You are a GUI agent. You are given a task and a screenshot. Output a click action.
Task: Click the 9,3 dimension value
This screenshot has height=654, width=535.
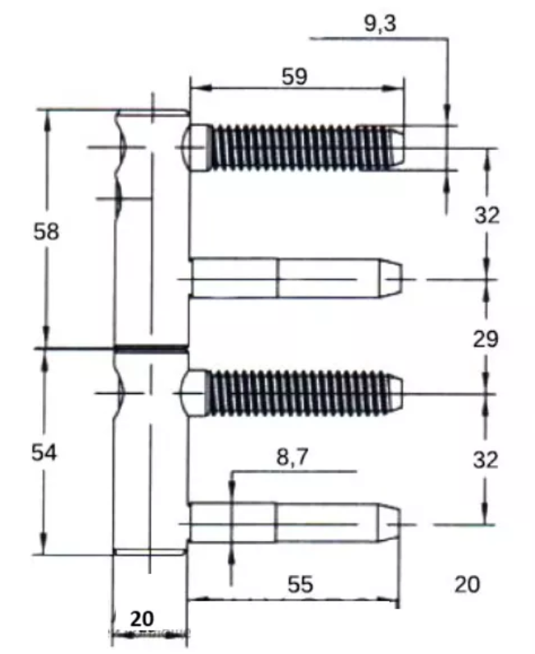click(380, 23)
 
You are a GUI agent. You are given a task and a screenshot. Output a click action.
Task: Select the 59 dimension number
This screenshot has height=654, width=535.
click(295, 77)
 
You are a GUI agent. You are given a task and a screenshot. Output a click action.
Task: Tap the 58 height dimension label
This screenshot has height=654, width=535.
click(46, 231)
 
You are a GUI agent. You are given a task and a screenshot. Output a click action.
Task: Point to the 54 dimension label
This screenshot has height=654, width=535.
click(44, 452)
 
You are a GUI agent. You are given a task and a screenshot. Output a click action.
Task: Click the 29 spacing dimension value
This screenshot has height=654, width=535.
click(486, 338)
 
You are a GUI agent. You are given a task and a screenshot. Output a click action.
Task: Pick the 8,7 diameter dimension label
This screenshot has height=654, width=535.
click(293, 457)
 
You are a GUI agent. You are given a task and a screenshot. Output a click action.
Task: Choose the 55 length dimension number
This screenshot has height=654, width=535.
click(300, 584)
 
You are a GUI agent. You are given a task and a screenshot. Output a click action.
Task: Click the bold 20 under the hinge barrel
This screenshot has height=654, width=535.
click(142, 618)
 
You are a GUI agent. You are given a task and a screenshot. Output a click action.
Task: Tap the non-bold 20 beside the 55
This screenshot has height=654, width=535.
click(467, 584)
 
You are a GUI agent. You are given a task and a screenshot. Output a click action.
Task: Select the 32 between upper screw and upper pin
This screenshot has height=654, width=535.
click(487, 216)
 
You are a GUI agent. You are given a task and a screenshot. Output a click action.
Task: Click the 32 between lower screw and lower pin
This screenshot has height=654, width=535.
click(486, 459)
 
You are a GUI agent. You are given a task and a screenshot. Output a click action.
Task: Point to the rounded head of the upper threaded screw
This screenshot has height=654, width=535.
click(197, 147)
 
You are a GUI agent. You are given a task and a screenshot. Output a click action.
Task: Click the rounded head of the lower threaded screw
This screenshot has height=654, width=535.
click(194, 393)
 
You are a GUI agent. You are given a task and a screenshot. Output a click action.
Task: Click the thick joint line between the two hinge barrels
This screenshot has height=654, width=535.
click(151, 348)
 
